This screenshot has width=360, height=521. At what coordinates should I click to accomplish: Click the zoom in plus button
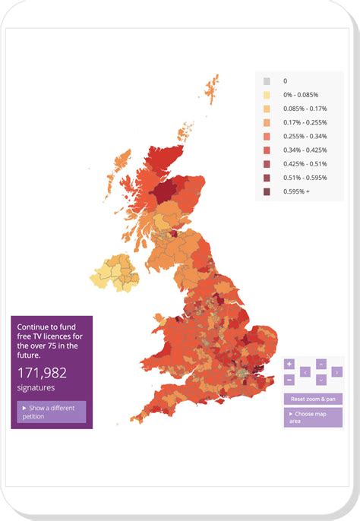tap(289, 364)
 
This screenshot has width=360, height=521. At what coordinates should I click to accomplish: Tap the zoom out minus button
tap(289, 379)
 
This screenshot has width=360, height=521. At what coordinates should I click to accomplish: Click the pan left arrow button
tap(305, 372)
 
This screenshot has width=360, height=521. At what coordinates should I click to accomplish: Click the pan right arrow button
tap(337, 372)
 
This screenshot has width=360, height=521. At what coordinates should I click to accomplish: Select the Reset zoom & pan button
tap(312, 399)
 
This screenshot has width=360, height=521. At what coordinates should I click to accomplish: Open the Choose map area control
tap(312, 417)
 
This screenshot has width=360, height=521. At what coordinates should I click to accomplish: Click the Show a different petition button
tap(52, 412)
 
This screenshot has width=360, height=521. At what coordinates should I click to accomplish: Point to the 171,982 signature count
tap(43, 372)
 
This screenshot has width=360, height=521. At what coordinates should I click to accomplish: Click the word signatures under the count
tap(36, 387)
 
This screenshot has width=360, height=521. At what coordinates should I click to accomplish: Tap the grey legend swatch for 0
tap(267, 81)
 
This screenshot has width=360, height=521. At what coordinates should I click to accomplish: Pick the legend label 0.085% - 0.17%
tap(303, 108)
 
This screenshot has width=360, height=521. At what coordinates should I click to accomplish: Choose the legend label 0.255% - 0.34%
tap(303, 136)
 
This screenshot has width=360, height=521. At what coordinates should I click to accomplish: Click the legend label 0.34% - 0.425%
tap(303, 150)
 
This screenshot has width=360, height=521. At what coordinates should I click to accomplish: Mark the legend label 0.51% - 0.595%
tap(303, 178)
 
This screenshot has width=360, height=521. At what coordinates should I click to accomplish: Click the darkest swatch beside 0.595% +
tap(267, 191)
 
